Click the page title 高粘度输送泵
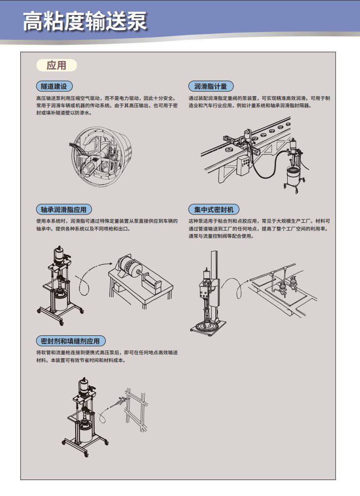85,21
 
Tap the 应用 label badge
57,65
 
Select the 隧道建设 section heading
54,86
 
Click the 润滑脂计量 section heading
211,86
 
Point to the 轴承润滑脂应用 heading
64,209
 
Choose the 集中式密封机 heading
214,209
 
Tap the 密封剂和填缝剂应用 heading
70,341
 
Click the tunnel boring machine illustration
101,155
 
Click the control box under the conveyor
244,165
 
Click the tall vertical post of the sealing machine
214,279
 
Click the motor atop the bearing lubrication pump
59,255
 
